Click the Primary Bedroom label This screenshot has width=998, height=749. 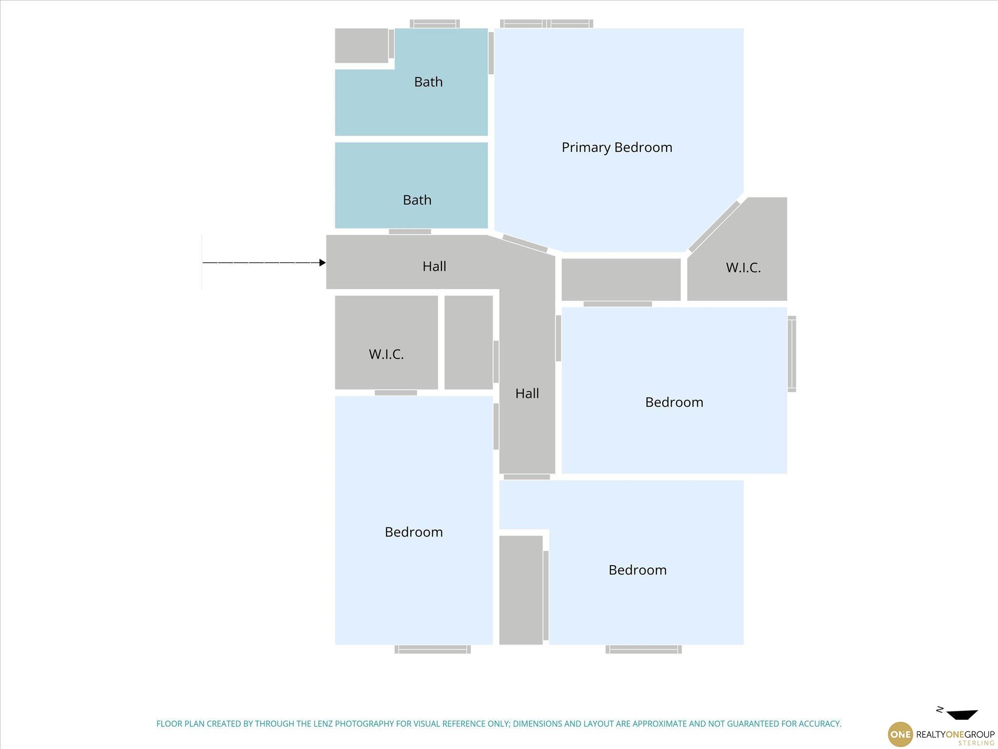617,148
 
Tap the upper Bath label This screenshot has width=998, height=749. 428,82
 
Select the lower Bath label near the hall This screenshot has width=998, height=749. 417,200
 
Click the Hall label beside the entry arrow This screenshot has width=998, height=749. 434,266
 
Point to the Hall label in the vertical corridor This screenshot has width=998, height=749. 527,394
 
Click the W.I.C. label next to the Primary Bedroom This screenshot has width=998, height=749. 743,268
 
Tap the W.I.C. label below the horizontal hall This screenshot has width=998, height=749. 386,355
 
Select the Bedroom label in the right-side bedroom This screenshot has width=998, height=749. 674,402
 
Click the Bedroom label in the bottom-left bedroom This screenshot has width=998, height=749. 414,532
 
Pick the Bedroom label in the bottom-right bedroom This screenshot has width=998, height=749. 637,570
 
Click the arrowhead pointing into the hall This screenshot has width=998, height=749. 322,263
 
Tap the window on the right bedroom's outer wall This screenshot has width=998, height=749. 792,354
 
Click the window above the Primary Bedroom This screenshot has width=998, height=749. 547,23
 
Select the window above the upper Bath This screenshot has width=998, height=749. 435,23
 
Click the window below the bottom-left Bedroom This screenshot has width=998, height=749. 433,650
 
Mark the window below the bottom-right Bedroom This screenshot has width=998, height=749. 644,650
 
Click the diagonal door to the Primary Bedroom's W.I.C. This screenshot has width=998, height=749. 714,226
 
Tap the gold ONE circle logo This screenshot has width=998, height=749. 900,734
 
